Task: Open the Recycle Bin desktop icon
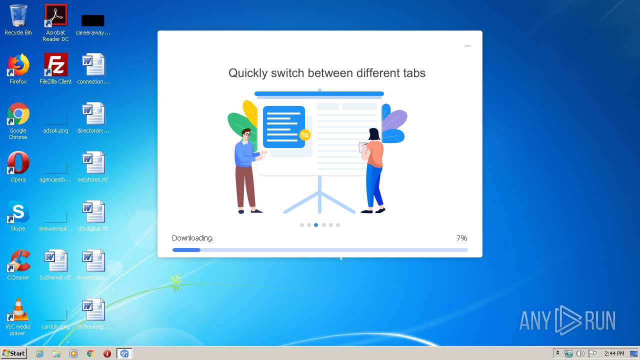(x=18, y=16)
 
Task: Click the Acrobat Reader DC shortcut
(x=55, y=16)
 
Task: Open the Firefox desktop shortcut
(x=18, y=65)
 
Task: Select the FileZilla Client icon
(x=55, y=65)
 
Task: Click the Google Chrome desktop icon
(x=18, y=114)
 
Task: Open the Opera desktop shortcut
(x=18, y=163)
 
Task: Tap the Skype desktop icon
(x=18, y=212)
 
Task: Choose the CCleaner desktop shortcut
(x=18, y=261)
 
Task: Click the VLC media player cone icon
(x=18, y=310)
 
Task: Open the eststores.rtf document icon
(x=93, y=163)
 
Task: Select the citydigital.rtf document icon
(x=93, y=212)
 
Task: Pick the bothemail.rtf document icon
(x=55, y=261)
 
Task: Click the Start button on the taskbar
(x=13, y=353)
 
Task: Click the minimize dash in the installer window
(x=467, y=46)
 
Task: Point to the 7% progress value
(x=461, y=238)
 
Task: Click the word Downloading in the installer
(x=192, y=238)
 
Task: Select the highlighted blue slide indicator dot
(x=316, y=225)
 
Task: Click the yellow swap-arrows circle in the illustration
(x=304, y=135)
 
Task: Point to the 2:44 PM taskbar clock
(x=614, y=353)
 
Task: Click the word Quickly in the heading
(x=247, y=73)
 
